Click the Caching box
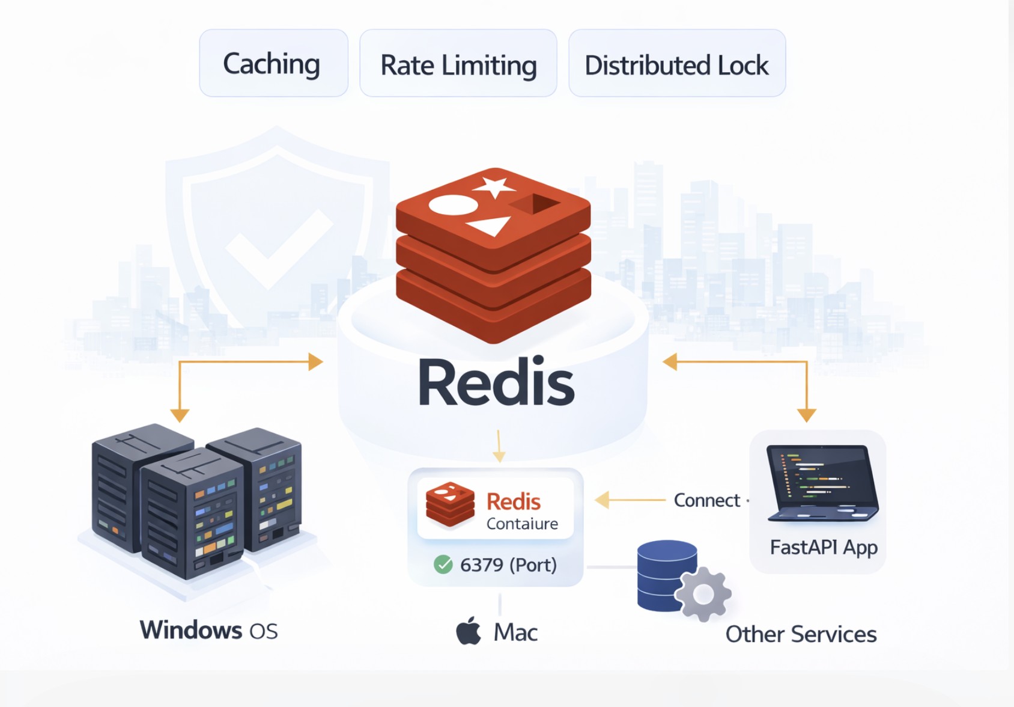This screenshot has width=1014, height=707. click(x=273, y=63)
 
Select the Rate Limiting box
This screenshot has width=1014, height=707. click(x=458, y=64)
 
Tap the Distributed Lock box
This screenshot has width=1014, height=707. click(x=676, y=64)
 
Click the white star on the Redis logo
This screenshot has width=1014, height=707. click(x=494, y=186)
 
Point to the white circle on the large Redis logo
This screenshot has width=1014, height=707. click(x=453, y=205)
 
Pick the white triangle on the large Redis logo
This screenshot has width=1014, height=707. click(x=490, y=226)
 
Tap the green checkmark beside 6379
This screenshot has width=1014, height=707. click(x=443, y=565)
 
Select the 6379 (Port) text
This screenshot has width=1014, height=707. click(x=508, y=565)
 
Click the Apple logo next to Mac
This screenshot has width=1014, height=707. click(x=469, y=631)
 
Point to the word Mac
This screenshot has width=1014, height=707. click(x=515, y=632)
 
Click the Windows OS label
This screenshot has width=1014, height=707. click(x=208, y=630)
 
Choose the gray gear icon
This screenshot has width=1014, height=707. click(x=703, y=594)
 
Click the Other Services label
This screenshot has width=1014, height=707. click(x=801, y=634)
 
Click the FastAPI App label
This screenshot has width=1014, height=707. click(x=824, y=548)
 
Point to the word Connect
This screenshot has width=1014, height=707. click(x=707, y=500)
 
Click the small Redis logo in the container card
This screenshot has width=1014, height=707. click(x=449, y=504)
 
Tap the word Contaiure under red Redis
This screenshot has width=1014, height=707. click(x=522, y=524)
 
